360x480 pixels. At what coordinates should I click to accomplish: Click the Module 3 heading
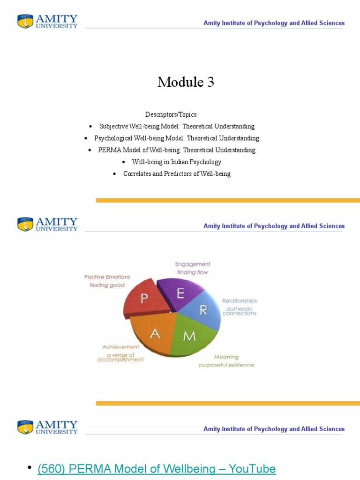click(x=186, y=82)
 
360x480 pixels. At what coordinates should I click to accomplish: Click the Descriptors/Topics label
click(x=171, y=114)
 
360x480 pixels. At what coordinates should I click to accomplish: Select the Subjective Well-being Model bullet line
click(x=177, y=127)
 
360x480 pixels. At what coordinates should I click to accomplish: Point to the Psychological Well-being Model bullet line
click(x=176, y=138)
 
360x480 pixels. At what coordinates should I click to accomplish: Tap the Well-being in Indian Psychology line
click(x=176, y=162)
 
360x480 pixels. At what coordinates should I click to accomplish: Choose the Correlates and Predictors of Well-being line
click(x=177, y=174)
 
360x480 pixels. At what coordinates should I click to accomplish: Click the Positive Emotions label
click(x=107, y=277)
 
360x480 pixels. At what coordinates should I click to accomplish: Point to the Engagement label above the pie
click(x=193, y=264)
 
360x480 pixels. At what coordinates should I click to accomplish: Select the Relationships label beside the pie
click(x=239, y=300)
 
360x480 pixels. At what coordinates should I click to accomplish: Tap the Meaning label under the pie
click(x=226, y=357)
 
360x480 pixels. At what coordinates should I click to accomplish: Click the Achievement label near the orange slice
click(x=121, y=347)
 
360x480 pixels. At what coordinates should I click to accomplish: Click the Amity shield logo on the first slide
click(x=25, y=22)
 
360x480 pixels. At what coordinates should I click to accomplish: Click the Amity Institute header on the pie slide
click(x=274, y=226)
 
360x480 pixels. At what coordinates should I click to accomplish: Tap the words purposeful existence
click(x=226, y=365)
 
